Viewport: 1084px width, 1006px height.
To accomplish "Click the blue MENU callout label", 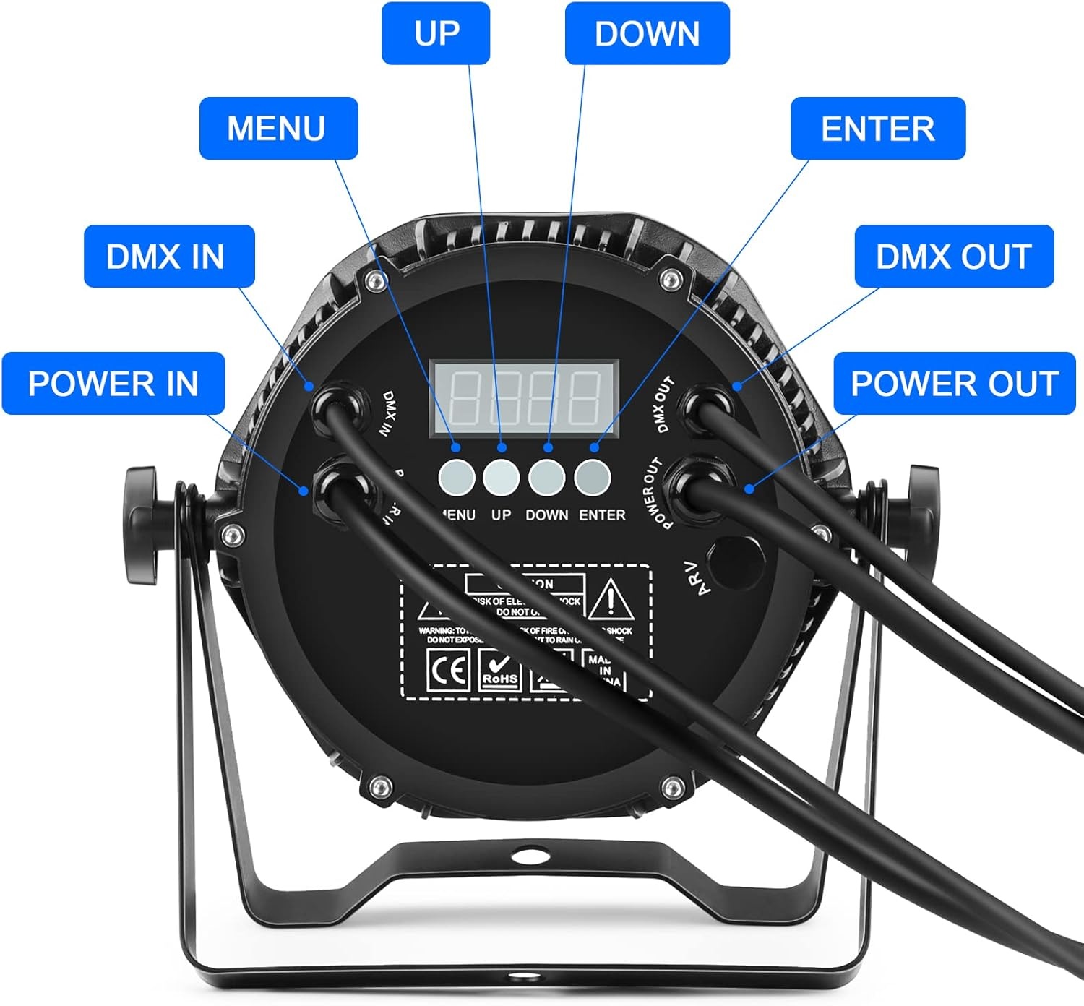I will (x=278, y=128).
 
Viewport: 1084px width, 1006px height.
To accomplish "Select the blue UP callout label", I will (x=436, y=33).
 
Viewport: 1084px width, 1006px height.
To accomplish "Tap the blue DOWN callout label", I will (x=647, y=33).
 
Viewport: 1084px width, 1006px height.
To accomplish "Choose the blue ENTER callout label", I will (x=877, y=128).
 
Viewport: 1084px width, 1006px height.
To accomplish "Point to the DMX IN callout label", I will (x=169, y=256).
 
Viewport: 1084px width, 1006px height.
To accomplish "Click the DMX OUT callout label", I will (x=953, y=256).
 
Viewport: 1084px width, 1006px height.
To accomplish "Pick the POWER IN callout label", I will (x=113, y=383).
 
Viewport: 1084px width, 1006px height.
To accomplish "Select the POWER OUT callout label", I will (x=954, y=383).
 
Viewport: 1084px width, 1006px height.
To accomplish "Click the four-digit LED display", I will (x=525, y=397).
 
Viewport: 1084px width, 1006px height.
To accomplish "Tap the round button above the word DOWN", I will (x=547, y=477).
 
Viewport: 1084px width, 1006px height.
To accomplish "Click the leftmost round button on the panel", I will (x=457, y=477).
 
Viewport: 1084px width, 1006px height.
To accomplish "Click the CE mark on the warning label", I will (x=448, y=671).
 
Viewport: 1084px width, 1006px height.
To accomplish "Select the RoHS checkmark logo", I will (x=500, y=671).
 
